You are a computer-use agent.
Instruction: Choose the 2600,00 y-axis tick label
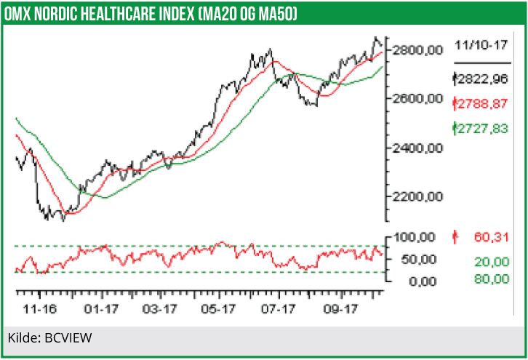pyautogui.click(x=417, y=99)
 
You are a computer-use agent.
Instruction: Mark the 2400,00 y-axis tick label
pyautogui.click(x=417, y=148)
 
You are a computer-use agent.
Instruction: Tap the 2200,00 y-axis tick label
pyautogui.click(x=417, y=197)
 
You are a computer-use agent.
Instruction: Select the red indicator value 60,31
pyautogui.click(x=489, y=236)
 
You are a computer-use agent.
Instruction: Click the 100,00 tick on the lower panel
pyautogui.click(x=415, y=237)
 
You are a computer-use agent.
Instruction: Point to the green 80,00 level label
pyautogui.click(x=489, y=279)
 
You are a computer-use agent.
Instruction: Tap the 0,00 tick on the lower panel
pyautogui.click(x=421, y=281)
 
